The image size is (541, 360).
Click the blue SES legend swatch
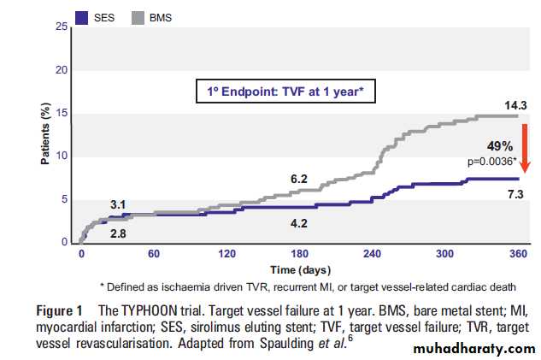point(83,16)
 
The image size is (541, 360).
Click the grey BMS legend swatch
point(138,16)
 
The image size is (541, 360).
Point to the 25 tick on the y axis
point(62,27)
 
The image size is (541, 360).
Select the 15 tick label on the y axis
point(62,114)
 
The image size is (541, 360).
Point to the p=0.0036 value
point(490,159)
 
